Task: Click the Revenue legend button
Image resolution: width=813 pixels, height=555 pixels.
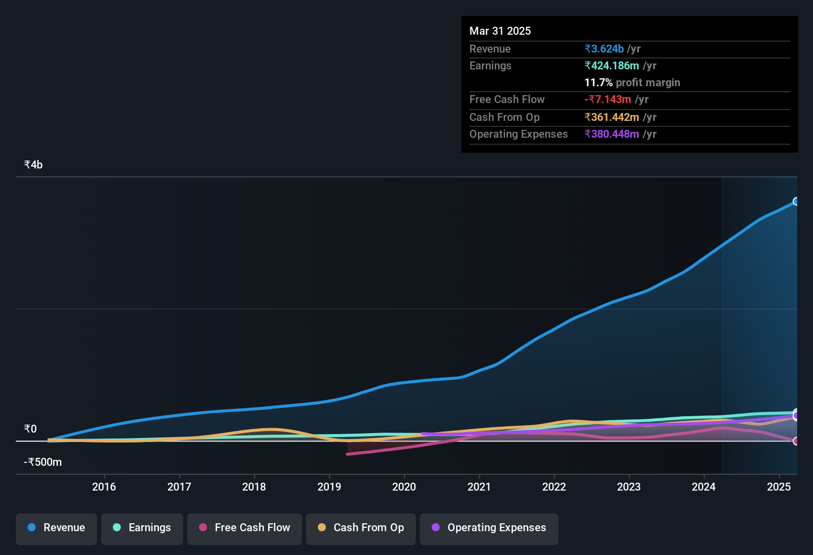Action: [56, 528]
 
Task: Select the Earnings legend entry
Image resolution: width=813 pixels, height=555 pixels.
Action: [142, 528]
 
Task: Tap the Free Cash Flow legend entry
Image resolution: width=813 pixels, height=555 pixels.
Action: [245, 528]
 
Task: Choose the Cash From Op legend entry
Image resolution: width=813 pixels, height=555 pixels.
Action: [361, 528]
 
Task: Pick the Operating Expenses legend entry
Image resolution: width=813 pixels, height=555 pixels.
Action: [489, 528]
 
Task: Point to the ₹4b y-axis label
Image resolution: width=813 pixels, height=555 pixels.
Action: [33, 165]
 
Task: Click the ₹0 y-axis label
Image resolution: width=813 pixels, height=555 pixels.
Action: [30, 429]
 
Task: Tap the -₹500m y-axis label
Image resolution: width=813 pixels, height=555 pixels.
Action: [43, 462]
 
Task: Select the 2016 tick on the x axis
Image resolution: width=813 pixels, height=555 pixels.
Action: [104, 487]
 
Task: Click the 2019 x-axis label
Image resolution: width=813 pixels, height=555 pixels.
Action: [329, 487]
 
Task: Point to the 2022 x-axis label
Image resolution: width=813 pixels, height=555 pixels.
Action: [554, 487]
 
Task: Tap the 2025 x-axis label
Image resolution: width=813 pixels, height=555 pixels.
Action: [779, 487]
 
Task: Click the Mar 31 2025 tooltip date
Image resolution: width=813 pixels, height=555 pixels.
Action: [500, 31]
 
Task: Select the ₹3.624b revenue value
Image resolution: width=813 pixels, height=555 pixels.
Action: [604, 49]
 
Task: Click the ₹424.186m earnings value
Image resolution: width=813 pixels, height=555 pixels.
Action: [611, 66]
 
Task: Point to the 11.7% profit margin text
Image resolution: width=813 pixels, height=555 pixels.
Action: [632, 83]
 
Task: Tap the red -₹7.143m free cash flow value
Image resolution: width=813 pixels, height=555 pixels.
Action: [608, 100]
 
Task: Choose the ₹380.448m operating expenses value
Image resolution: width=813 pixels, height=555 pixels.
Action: [611, 134]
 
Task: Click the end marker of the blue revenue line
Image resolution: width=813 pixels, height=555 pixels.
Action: [796, 201]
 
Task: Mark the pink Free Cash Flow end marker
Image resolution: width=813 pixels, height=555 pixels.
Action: [796, 441]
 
